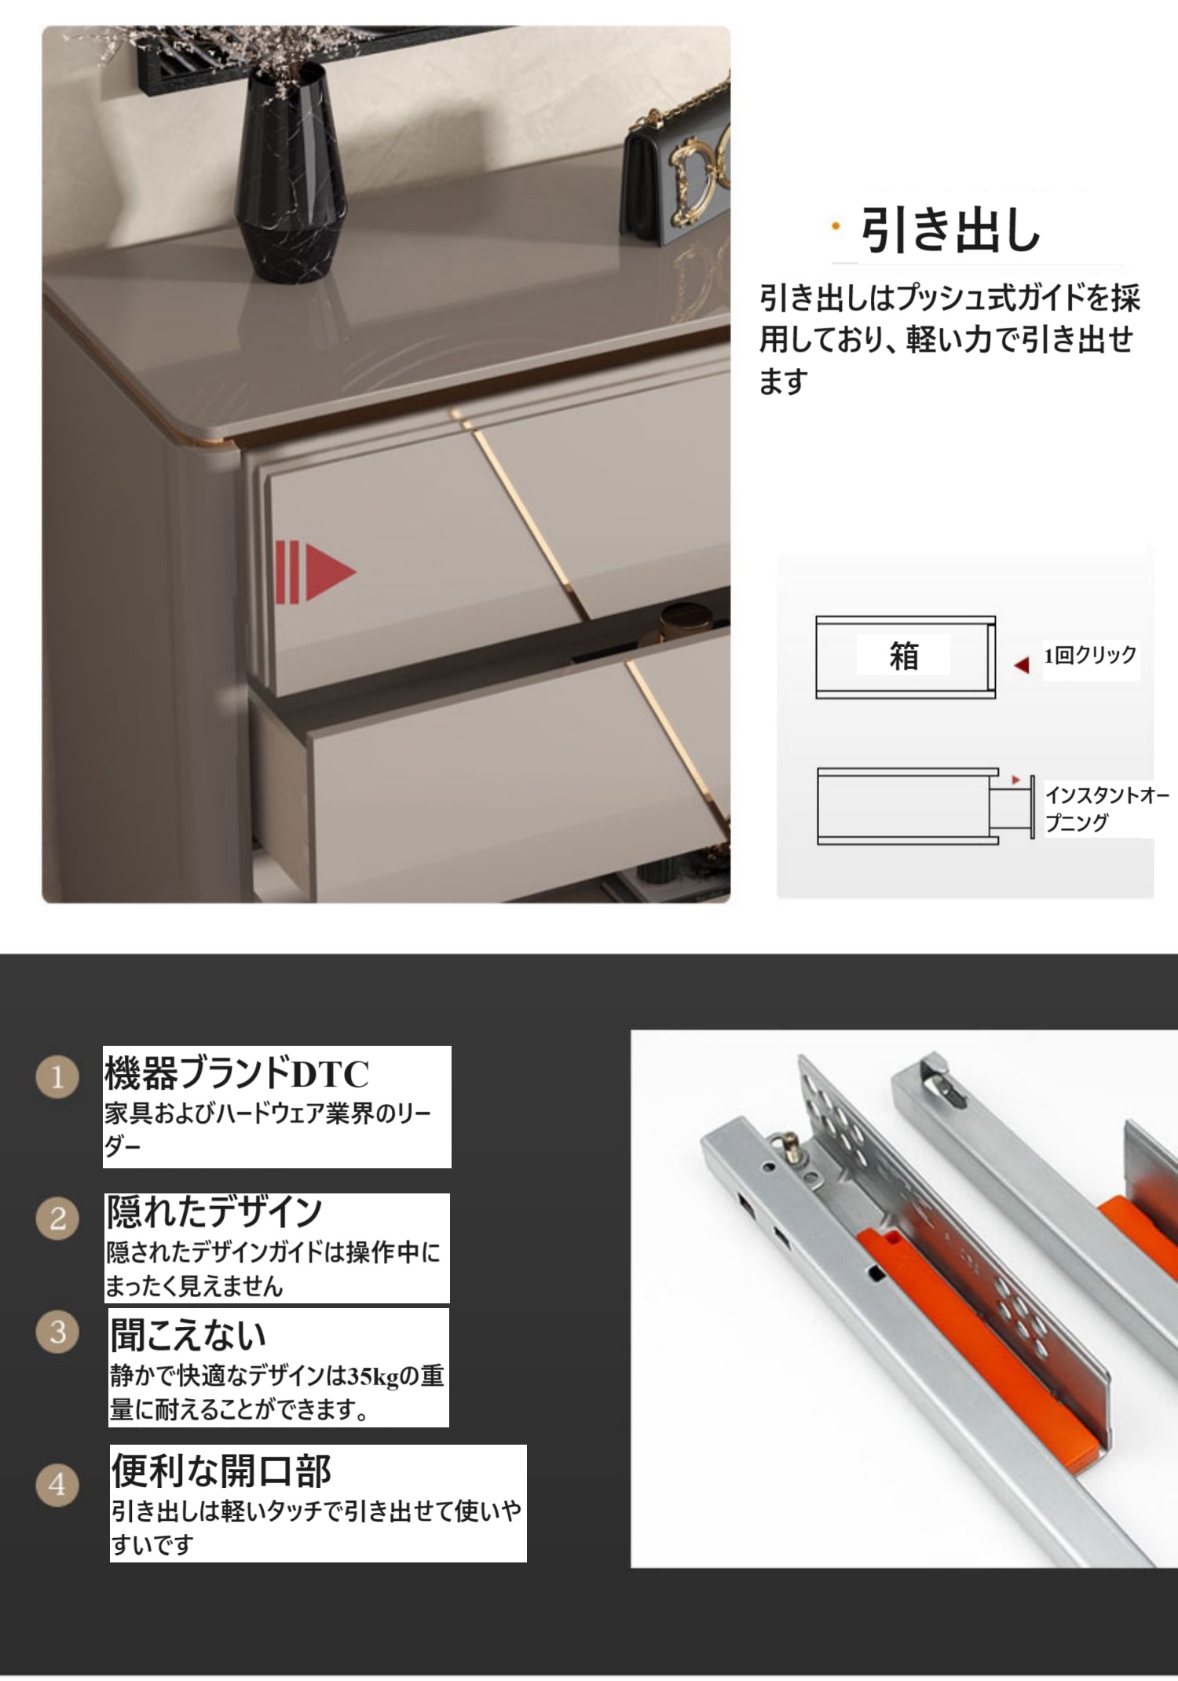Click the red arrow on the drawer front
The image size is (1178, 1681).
pos(315,572)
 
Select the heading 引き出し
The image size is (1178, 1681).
pos(950,230)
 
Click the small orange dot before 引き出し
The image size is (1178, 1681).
pos(836,227)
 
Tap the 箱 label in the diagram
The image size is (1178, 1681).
pos(904,656)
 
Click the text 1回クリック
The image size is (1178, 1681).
pos(1090,655)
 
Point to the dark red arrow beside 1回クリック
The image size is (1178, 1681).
pos(1022,665)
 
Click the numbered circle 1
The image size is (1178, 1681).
pos(57,1076)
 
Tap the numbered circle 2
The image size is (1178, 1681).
pos(57,1219)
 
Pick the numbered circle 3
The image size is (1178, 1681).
pos(57,1332)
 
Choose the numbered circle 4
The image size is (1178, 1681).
pos(57,1484)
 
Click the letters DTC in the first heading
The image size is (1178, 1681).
pos(330,1074)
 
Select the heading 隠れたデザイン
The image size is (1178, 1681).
pos(214,1211)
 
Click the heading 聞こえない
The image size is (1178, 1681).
pos(188,1334)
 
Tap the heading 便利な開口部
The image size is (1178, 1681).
pos(221,1471)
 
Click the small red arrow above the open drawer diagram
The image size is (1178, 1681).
pos(1015,780)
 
